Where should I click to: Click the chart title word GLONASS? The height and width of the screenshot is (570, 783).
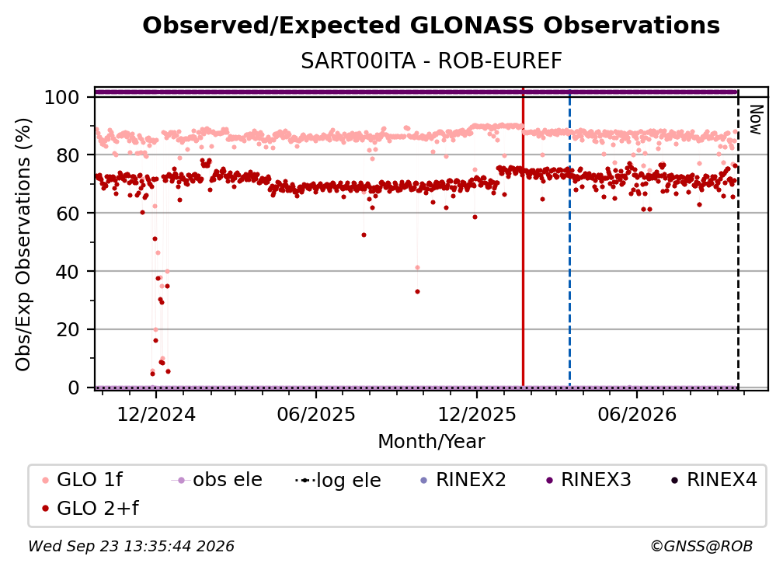(x=472, y=26)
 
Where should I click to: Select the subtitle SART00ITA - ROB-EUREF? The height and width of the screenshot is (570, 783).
(x=431, y=61)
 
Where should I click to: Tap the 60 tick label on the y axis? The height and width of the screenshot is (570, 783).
(x=68, y=214)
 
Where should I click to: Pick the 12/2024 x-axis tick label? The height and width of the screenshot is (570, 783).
(x=156, y=415)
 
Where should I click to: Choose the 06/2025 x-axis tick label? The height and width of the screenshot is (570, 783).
(x=316, y=415)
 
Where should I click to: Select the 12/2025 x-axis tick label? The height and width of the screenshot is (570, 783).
(x=477, y=415)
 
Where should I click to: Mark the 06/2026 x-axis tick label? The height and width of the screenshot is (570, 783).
(x=637, y=415)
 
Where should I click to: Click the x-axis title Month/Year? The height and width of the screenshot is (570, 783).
(x=431, y=442)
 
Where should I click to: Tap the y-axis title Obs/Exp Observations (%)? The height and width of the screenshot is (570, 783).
(x=23, y=245)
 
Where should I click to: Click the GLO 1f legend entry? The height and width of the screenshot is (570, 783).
(x=82, y=480)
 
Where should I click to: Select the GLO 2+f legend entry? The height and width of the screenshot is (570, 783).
(x=90, y=509)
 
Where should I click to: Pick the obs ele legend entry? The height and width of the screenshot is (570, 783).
(x=217, y=480)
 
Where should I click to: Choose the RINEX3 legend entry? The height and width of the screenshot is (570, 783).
(x=589, y=480)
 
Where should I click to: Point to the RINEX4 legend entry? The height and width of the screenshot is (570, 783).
(x=714, y=480)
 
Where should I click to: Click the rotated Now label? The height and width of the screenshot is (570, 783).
(x=756, y=120)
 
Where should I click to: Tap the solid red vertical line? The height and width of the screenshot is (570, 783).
(x=523, y=237)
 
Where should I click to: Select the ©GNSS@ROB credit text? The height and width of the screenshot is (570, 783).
(x=701, y=547)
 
